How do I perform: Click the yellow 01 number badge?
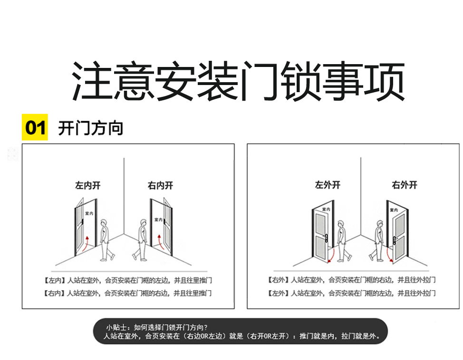point(35,127)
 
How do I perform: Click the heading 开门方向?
point(90,128)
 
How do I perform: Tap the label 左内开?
point(87,186)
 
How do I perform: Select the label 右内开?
point(160,186)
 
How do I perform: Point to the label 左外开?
point(328,185)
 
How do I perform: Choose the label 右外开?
point(405,185)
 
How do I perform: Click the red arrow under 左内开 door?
point(86,244)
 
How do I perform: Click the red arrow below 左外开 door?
point(331,256)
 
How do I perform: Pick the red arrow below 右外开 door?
point(390,255)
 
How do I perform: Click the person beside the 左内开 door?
point(106,240)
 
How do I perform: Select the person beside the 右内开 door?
point(141,240)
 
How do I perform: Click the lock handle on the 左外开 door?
point(326,238)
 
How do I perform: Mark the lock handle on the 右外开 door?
point(395,240)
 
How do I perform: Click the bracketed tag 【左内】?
point(54,280)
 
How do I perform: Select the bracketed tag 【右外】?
point(278,280)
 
